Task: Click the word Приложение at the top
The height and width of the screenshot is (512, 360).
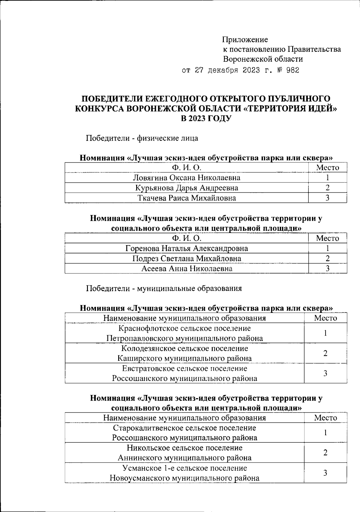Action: [x=245, y=40]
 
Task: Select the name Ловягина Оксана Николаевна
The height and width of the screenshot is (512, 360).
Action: [x=187, y=178]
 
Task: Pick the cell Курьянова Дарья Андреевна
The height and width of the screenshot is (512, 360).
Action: [x=187, y=188]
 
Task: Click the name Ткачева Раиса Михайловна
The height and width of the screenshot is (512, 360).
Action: [x=187, y=198]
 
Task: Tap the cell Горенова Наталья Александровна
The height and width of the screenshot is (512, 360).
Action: [x=187, y=248]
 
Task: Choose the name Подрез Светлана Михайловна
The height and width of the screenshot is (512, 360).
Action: [x=187, y=258]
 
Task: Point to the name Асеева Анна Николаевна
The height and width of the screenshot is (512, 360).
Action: [x=187, y=269]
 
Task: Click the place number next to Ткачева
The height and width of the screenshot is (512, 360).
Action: [x=328, y=198]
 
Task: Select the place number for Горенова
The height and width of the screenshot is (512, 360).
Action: [x=328, y=248]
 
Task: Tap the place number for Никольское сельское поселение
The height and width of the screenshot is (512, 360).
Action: [x=325, y=453]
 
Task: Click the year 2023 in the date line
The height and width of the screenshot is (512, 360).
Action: [x=250, y=71]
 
